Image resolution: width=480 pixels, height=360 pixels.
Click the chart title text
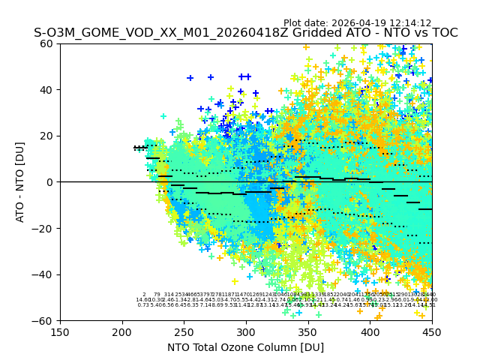pos(245,33)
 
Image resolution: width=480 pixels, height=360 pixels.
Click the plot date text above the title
pos(357,23)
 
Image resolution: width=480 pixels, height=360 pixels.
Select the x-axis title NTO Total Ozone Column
pos(245,347)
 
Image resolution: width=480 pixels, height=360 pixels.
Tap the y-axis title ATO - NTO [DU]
pos(21,181)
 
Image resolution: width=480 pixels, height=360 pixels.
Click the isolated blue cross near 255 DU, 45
pos(190,78)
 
